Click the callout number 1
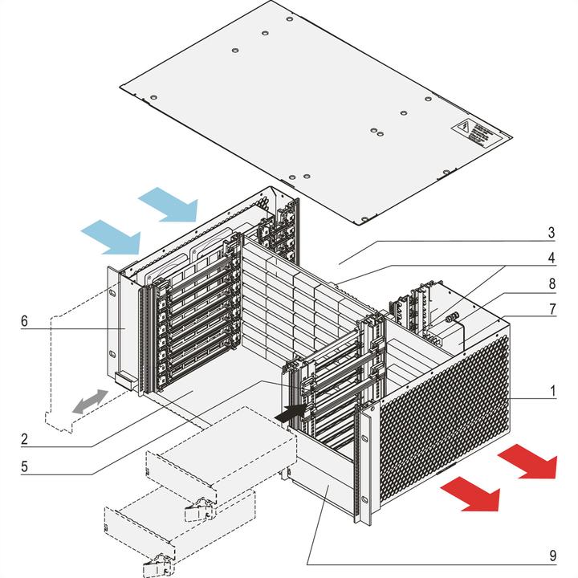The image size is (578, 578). click(553, 393)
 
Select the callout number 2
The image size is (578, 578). click(25, 440)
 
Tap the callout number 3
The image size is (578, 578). click(552, 234)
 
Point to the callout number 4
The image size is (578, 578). click(552, 260)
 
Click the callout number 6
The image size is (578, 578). click(25, 322)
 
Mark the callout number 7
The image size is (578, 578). click(552, 309)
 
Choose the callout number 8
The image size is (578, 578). click(552, 283)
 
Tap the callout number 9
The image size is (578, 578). click(552, 555)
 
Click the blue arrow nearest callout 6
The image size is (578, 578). click(111, 239)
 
